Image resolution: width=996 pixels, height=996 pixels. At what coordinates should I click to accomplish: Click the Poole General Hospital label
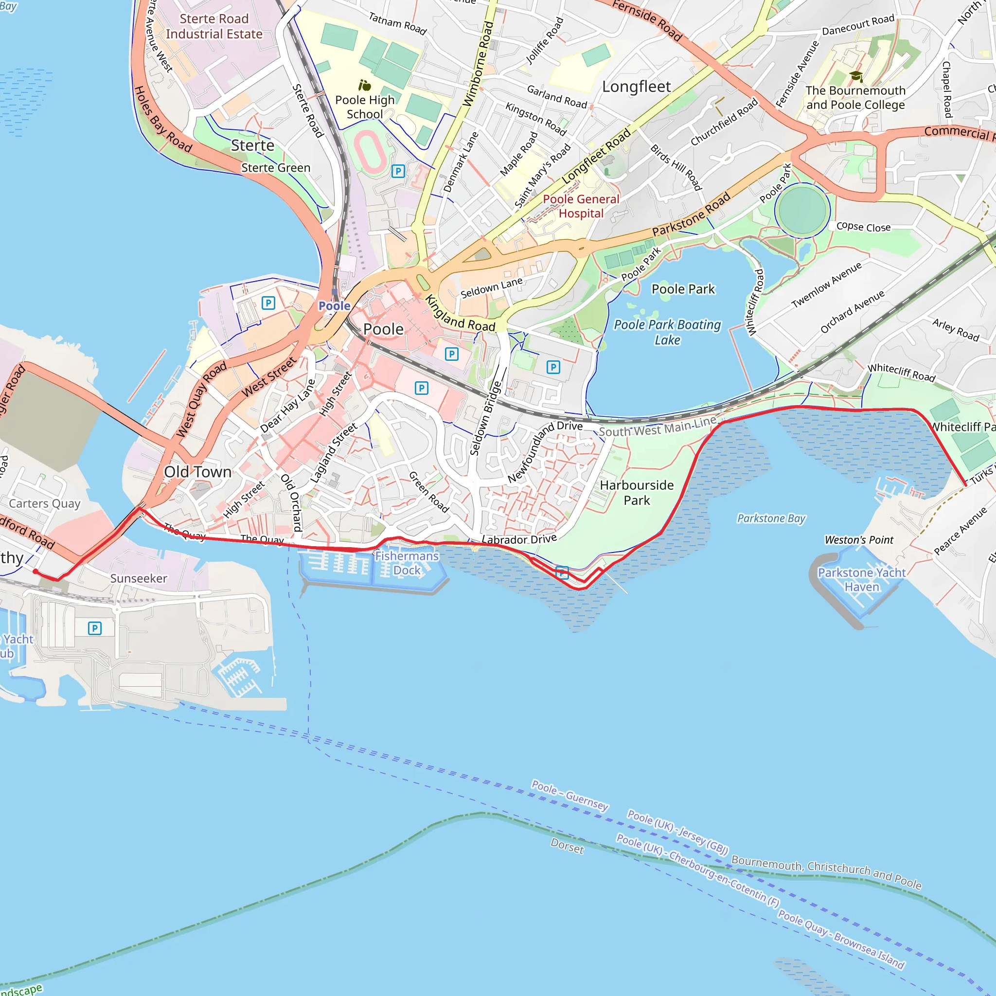(x=581, y=206)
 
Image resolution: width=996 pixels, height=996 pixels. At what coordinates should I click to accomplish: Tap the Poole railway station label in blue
(x=334, y=306)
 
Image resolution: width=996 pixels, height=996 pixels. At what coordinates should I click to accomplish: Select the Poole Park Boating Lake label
(x=667, y=332)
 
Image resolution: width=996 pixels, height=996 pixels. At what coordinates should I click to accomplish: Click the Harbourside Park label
(x=637, y=492)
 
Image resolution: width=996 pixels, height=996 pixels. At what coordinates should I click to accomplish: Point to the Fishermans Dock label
(x=407, y=563)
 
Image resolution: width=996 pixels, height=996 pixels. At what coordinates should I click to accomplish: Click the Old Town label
(x=197, y=472)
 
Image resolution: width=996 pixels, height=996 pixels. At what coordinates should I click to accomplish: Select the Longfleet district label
(x=636, y=87)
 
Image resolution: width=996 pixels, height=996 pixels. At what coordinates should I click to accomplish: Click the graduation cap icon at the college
(x=856, y=76)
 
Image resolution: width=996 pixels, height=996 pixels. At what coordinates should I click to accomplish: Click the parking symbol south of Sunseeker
(x=94, y=628)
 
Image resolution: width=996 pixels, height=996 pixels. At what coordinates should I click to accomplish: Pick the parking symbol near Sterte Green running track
(x=398, y=171)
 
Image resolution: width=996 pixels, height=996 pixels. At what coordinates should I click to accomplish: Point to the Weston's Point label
(x=859, y=540)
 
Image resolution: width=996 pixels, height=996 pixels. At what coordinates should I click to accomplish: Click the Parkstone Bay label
(x=771, y=518)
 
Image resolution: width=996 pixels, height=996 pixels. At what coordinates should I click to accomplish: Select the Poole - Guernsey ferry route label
(x=569, y=795)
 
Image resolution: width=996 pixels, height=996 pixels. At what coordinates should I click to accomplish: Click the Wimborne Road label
(x=479, y=65)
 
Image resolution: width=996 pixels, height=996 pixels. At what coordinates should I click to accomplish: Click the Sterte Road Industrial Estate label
(x=214, y=26)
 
